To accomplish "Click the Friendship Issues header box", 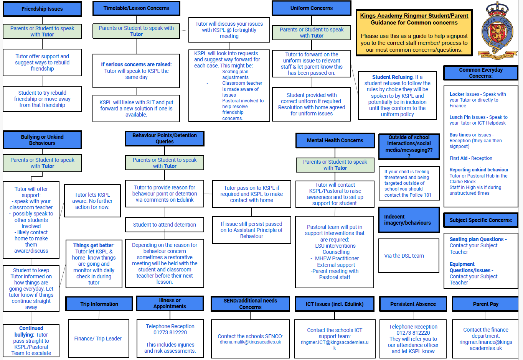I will pyautogui.click(x=42, y=9).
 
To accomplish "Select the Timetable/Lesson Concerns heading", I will pyautogui.click(x=136, y=8).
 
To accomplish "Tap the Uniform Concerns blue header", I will pyautogui.click(x=312, y=8).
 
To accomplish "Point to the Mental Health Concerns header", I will pyautogui.click(x=335, y=140).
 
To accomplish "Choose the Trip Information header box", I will pyautogui.click(x=99, y=304).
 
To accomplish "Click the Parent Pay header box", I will pyautogui.click(x=485, y=304).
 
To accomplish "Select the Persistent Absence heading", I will pyautogui.click(x=413, y=304).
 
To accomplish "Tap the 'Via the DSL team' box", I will pyautogui.click(x=404, y=256).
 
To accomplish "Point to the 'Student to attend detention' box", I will pyautogui.click(x=165, y=225).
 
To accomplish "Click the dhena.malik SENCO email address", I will pyautogui.click(x=250, y=342).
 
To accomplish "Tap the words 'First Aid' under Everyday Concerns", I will pyautogui.click(x=459, y=158).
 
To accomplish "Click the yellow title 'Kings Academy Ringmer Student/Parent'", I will pyautogui.click(x=414, y=16).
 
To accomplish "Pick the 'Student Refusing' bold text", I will pyautogui.click(x=393, y=77).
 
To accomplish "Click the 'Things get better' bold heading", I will pyautogui.click(x=93, y=245).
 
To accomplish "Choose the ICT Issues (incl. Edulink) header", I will pyautogui.click(x=335, y=304).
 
